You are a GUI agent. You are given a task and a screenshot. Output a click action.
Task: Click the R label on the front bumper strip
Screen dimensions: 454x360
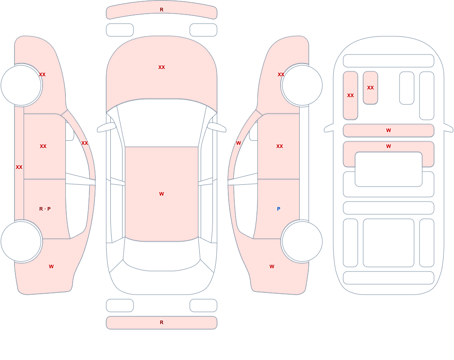click(x=162, y=10)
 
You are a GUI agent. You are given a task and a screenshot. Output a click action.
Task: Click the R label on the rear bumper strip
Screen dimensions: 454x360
click(x=162, y=322)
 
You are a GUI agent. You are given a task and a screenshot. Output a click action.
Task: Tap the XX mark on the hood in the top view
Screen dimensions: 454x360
click(x=162, y=67)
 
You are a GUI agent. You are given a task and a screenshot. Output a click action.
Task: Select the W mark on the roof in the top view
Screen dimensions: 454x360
click(x=162, y=194)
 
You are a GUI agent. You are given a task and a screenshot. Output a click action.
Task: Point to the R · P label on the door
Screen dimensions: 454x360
click(x=45, y=209)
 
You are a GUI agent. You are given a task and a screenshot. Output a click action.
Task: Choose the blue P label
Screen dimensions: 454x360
click(x=279, y=209)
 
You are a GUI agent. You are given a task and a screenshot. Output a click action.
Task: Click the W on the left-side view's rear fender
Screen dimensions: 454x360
click(x=51, y=266)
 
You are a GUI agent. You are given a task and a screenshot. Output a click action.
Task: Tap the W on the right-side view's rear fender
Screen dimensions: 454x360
click(x=272, y=266)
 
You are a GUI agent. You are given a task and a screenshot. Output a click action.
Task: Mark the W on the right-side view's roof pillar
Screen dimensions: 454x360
click(x=238, y=143)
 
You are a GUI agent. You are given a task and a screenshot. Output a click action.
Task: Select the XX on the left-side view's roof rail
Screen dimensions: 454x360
click(x=84, y=143)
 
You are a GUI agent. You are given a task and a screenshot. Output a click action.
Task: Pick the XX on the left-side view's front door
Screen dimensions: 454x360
click(x=43, y=146)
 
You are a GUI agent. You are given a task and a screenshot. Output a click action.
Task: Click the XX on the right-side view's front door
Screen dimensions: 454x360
click(x=280, y=146)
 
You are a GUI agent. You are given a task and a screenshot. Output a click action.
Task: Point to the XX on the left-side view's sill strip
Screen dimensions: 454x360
click(x=19, y=167)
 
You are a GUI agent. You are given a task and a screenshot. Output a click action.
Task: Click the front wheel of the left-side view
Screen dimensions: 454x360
click(x=21, y=85)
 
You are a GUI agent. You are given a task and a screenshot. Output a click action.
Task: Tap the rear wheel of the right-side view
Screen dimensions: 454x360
click(x=302, y=241)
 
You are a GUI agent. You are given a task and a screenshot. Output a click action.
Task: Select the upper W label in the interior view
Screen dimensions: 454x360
click(x=389, y=130)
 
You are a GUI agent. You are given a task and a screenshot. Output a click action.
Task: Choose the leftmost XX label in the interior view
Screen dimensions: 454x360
click(x=350, y=95)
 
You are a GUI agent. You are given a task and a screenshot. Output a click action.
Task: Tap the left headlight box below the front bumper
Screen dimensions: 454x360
click(x=120, y=30)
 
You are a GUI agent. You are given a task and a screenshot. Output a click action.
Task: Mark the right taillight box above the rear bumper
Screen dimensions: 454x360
click(x=203, y=306)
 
